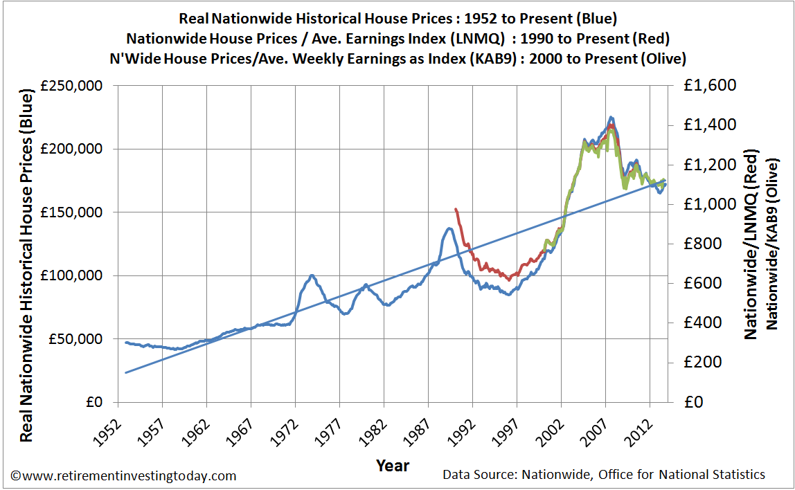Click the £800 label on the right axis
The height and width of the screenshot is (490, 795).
coord(697,244)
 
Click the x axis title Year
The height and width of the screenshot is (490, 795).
coord(393,465)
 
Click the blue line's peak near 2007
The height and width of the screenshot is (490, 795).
coord(611,117)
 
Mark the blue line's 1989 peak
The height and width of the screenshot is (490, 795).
coord(450,228)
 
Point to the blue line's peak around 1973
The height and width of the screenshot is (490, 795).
coord(312,275)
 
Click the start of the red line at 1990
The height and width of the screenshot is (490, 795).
coord(455,209)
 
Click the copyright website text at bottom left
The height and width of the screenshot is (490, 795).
coord(123,476)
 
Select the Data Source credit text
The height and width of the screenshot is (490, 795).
coord(604,475)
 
